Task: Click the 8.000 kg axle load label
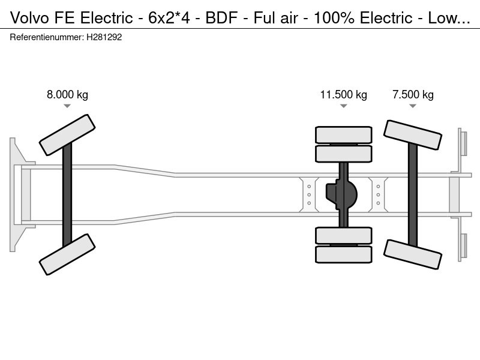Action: pos(67,94)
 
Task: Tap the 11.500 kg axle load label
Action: pos(343,94)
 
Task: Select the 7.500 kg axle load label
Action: pos(413,94)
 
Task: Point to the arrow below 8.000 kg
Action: pos(67,106)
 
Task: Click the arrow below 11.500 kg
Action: pos(343,106)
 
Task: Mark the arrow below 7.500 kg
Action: pos(413,106)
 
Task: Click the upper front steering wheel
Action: pos(67,135)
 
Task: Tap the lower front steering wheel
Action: pos(67,254)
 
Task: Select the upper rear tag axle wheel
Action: pos(413,135)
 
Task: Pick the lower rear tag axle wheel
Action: pos(413,254)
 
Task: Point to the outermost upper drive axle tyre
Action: pos(344,134)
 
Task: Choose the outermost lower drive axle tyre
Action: pos(344,254)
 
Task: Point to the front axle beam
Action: pos(67,194)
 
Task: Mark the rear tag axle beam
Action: pos(413,194)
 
